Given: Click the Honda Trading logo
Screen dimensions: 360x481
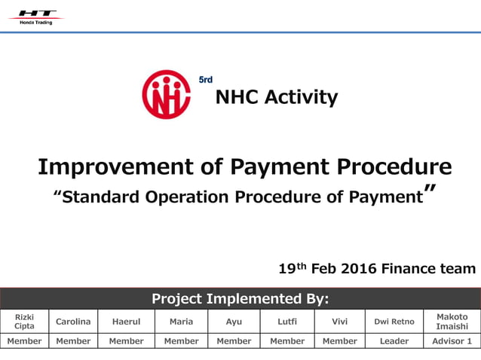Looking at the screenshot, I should [36, 17].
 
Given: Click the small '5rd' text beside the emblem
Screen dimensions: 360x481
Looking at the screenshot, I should [205, 80].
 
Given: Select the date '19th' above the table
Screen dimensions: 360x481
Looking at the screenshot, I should [292, 268].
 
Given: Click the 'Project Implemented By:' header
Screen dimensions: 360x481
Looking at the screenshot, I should [240, 298].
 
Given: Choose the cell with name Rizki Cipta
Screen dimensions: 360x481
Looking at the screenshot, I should [24, 322].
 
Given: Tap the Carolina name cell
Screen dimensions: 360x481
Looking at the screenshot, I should [73, 322].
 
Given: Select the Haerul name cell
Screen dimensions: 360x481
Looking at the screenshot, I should [126, 322].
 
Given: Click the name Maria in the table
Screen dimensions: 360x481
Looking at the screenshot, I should [181, 322].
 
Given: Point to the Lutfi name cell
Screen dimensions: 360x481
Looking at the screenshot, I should [287, 322].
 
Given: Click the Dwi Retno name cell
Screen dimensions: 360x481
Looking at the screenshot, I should [394, 322].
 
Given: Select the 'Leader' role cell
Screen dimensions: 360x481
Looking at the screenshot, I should [394, 341].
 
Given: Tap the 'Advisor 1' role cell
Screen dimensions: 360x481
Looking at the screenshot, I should [452, 341].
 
